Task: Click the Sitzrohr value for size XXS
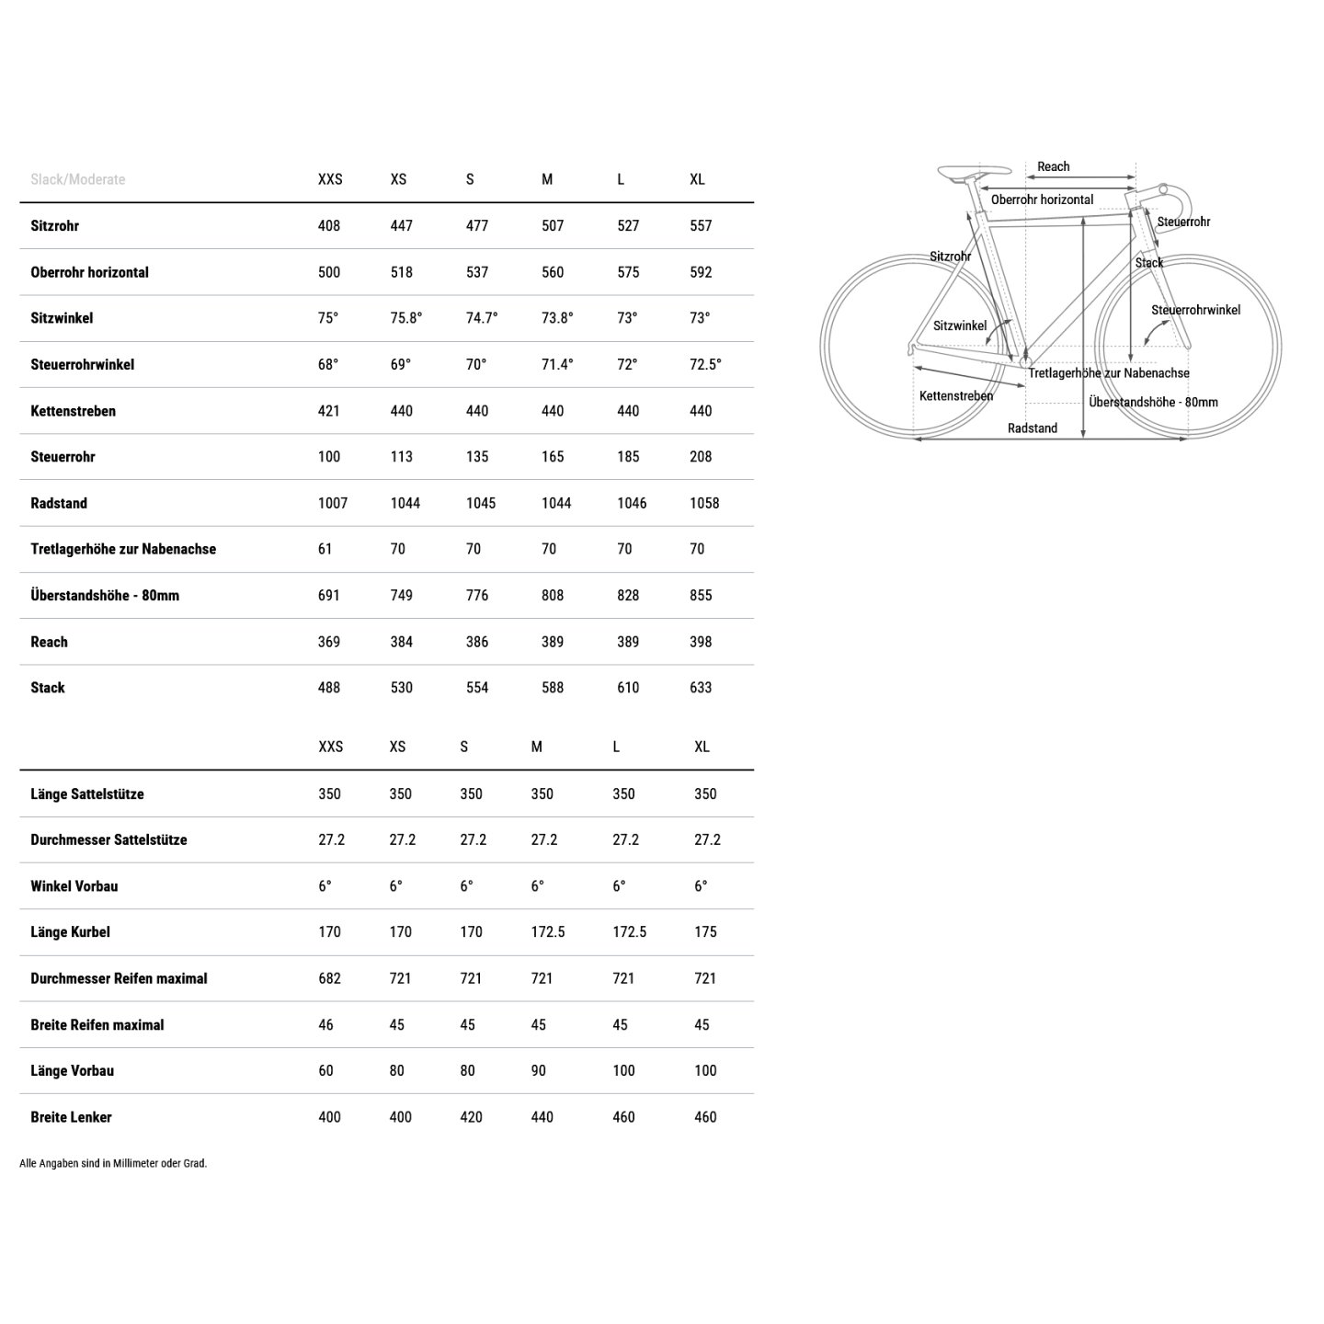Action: tap(328, 226)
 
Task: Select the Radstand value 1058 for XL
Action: tap(704, 503)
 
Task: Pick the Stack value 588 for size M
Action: tap(553, 688)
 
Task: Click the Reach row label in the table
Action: tap(49, 642)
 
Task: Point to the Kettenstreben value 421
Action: tap(328, 411)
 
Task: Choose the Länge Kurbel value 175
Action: tap(705, 932)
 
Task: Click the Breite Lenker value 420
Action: tap(471, 1117)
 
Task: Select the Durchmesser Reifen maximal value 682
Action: tap(329, 978)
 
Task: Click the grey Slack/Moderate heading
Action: tap(77, 179)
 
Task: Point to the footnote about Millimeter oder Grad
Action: tap(113, 1163)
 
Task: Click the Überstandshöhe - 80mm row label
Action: tap(105, 596)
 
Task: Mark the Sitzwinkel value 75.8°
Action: tap(405, 318)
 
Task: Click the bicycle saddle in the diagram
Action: tap(972, 171)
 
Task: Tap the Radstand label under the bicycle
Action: tap(1032, 428)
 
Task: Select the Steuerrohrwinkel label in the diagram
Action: tap(1195, 311)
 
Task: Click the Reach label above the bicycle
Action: tap(1053, 167)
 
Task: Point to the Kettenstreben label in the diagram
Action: tap(956, 396)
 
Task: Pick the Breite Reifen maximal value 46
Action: tap(325, 1024)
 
